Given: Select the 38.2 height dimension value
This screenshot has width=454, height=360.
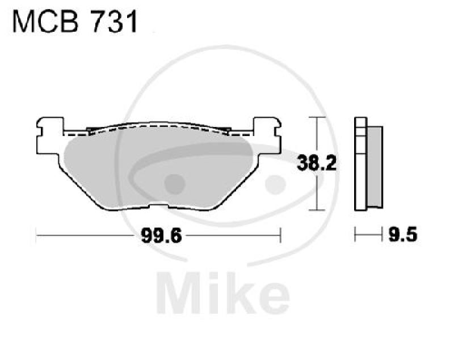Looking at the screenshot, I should click(x=317, y=165).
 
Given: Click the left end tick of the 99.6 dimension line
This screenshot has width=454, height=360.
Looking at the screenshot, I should click(x=37, y=234).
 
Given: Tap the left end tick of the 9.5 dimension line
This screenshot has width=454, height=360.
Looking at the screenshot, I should click(x=356, y=234).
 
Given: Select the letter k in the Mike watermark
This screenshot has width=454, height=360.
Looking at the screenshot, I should click(x=246, y=292).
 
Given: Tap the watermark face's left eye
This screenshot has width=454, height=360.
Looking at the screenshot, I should click(x=174, y=183).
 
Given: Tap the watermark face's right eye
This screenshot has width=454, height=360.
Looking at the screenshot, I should click(x=276, y=183).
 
